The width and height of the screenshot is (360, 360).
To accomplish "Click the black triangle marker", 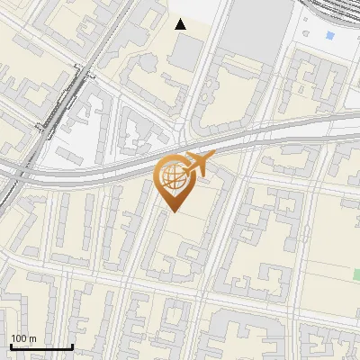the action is (x=181, y=24).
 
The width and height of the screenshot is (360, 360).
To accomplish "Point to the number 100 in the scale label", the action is (x=20, y=338).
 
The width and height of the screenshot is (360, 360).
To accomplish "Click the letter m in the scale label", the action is (x=33, y=338).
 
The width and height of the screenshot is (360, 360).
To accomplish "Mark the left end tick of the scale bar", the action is (x=10, y=346).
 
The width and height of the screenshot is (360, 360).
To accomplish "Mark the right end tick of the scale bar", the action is (x=72, y=346).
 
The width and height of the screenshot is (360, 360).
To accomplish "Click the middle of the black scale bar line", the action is (x=40, y=346).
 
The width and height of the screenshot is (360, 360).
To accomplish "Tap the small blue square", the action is (x=329, y=35).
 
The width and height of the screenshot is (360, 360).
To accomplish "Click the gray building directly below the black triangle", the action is (x=184, y=54).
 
